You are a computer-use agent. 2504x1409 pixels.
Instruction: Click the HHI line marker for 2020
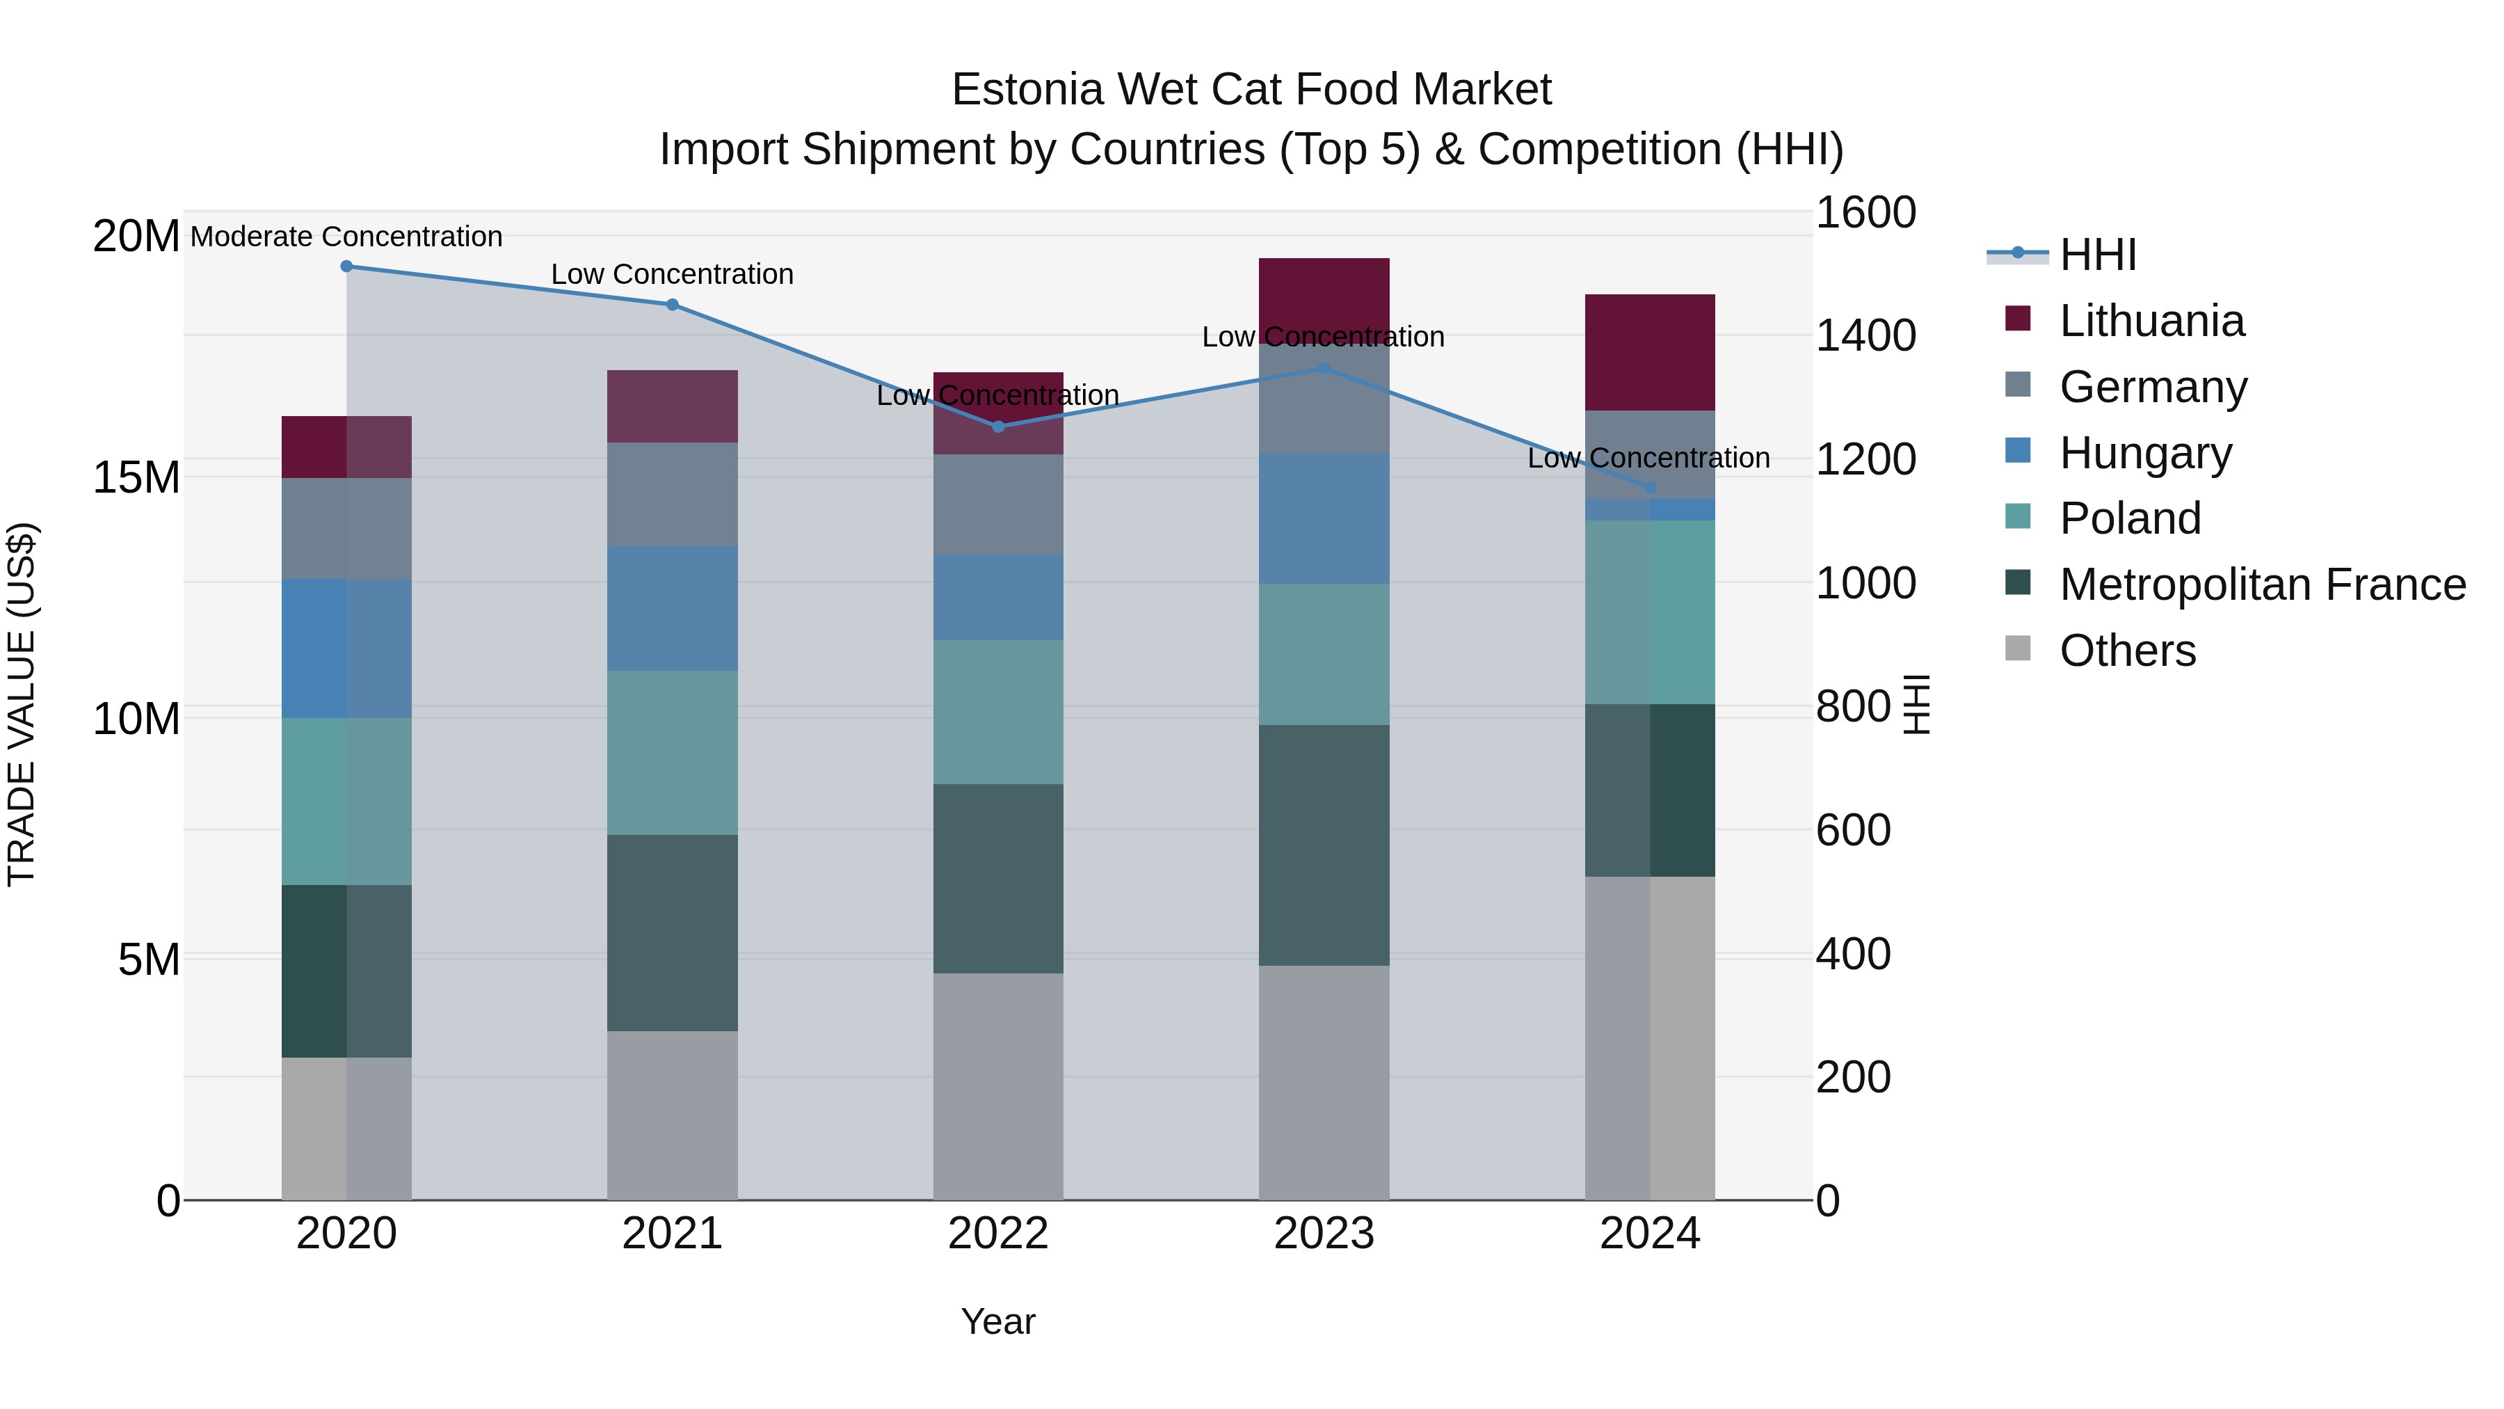346,266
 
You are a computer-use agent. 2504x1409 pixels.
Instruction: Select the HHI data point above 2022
998,426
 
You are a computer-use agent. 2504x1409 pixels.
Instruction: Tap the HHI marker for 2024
1650,487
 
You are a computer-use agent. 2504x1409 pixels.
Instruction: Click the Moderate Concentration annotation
346,237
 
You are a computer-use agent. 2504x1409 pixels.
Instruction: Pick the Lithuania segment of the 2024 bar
1650,352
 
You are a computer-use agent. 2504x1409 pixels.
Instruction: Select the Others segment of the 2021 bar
672,1115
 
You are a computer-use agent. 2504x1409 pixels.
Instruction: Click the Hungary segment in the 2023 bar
1324,518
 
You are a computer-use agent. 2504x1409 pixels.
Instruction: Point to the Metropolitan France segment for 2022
998,878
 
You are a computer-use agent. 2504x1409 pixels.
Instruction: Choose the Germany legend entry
2153,387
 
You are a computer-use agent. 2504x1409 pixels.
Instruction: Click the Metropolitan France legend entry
2262,584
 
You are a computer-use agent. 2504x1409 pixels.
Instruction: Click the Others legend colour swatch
2018,648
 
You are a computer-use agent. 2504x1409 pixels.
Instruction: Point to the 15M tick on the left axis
136,477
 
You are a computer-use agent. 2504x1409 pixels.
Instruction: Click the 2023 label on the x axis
1324,1234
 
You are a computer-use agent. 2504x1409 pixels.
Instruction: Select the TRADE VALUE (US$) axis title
22,704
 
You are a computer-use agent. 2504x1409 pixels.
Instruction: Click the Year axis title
998,1321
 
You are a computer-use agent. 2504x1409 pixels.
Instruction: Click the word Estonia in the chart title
1029,90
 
